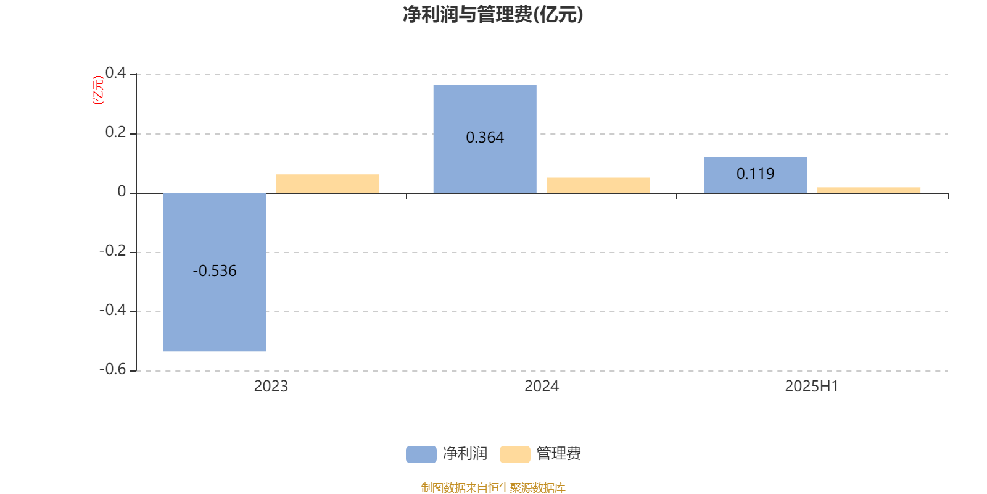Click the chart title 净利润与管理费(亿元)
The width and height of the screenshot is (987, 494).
pos(493,15)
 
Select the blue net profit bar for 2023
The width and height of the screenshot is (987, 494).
pos(215,272)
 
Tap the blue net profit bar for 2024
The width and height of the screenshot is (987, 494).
pos(485,139)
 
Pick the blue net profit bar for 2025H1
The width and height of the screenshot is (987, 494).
pos(755,175)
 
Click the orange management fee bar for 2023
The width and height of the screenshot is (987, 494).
pos(328,183)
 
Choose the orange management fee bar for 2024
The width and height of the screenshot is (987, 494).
pos(598,185)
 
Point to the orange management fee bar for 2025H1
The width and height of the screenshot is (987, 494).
pos(869,190)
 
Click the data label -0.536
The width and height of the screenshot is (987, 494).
pos(215,271)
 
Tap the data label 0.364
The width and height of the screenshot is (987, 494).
pos(485,138)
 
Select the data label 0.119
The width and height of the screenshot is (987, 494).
pos(755,174)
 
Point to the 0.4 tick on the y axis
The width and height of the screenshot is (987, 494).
pos(115,73)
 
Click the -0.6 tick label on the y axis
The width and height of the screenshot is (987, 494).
pos(113,369)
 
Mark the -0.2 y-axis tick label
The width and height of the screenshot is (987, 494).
pos(113,251)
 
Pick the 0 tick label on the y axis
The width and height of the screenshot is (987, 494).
pos(122,191)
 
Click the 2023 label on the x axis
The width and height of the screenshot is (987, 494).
pos(271,387)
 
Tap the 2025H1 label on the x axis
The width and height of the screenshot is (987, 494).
pos(812,387)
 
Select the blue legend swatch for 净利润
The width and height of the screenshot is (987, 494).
pos(421,454)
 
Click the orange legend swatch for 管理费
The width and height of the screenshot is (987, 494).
pos(514,454)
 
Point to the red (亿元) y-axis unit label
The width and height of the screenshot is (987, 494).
pos(98,90)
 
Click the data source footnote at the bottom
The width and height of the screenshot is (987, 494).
pos(493,487)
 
